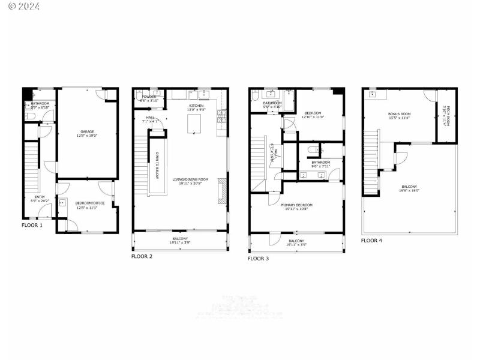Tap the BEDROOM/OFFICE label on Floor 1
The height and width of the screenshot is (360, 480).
coord(90,203)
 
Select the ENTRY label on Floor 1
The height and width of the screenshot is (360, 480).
coord(40,197)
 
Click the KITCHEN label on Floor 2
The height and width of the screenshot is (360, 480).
coord(197,106)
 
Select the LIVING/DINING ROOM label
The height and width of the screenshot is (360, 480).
coord(190,179)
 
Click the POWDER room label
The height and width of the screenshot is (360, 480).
coord(149,97)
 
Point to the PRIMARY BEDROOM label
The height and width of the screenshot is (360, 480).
coord(296,205)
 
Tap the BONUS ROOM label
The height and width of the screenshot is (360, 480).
coord(399,114)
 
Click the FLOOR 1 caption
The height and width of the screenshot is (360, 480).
coord(32,226)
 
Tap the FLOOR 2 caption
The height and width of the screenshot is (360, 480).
coord(142,256)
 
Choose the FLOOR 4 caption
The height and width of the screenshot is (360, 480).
coord(371,240)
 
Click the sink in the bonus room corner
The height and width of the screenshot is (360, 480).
coord(372,94)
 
